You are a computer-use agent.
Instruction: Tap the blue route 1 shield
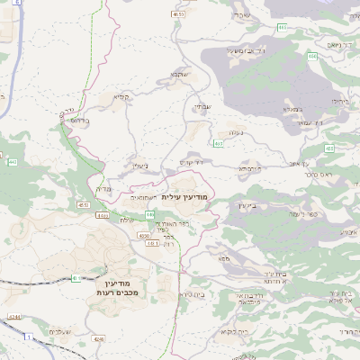[28, 336]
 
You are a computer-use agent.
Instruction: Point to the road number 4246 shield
[99, 339]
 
